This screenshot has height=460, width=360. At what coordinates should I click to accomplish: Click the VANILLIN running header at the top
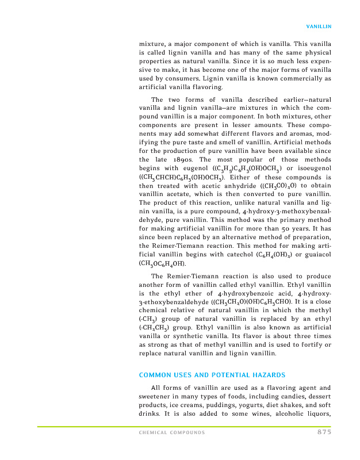pyautogui.click(x=318, y=26)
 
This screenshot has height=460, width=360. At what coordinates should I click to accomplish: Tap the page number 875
pyautogui.click(x=324, y=432)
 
